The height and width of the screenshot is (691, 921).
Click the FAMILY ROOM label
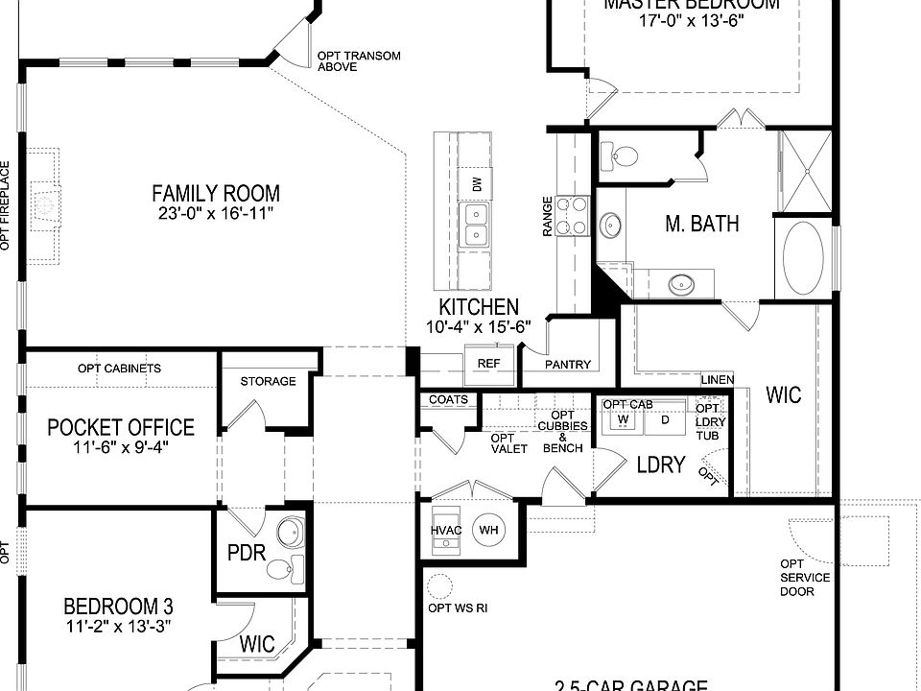coord(215,193)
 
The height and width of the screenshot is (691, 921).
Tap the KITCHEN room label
coord(479,308)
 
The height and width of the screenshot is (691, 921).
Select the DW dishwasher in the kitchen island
coord(476,182)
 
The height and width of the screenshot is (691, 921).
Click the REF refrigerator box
coord(489,364)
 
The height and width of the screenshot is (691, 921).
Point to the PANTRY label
coord(568,365)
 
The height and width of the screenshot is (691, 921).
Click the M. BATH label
coord(702,224)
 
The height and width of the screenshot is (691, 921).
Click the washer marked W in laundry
coord(622,419)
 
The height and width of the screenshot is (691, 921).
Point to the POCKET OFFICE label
coord(121,427)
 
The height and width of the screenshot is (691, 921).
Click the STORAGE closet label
coord(268,381)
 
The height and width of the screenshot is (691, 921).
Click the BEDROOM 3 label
coord(118,607)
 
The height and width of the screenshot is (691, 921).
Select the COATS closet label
coord(448,399)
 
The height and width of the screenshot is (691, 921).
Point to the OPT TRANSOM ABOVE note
coord(359,62)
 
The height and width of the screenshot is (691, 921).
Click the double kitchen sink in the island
coord(475,226)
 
